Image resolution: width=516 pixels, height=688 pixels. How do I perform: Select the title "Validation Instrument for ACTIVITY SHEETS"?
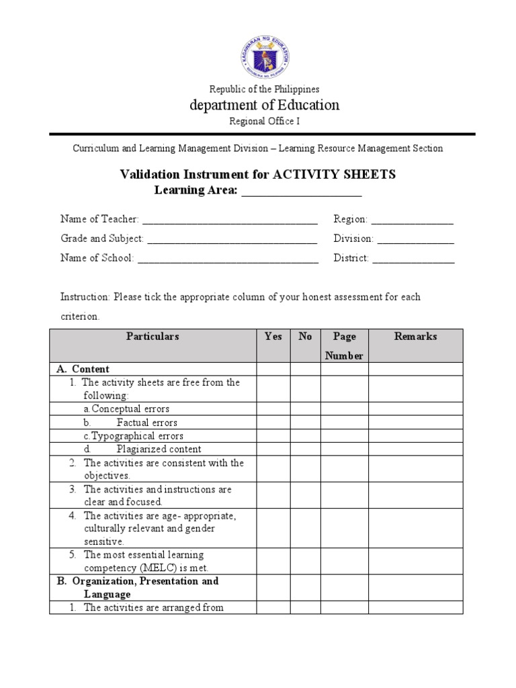tap(258, 175)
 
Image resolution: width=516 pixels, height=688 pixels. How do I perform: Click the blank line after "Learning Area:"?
tap(301, 191)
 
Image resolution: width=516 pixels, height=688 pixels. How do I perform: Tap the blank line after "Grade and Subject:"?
tap(232, 239)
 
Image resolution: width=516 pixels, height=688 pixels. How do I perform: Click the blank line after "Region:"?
tap(412, 220)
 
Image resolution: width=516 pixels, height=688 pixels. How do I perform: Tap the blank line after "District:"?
tap(413, 259)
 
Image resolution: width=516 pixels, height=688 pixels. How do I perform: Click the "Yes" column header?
tap(273, 337)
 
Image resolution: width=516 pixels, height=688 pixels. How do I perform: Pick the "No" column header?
tap(305, 337)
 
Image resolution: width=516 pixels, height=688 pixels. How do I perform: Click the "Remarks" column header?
tap(415, 337)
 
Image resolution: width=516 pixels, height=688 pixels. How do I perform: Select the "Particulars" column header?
tap(153, 337)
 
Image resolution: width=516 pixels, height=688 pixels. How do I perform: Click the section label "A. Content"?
tap(83, 369)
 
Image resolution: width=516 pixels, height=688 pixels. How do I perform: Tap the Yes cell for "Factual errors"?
tap(273, 423)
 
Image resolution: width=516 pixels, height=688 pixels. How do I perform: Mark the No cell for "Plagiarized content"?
tap(305, 449)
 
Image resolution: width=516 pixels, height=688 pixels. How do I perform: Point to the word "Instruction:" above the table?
tap(85, 297)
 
